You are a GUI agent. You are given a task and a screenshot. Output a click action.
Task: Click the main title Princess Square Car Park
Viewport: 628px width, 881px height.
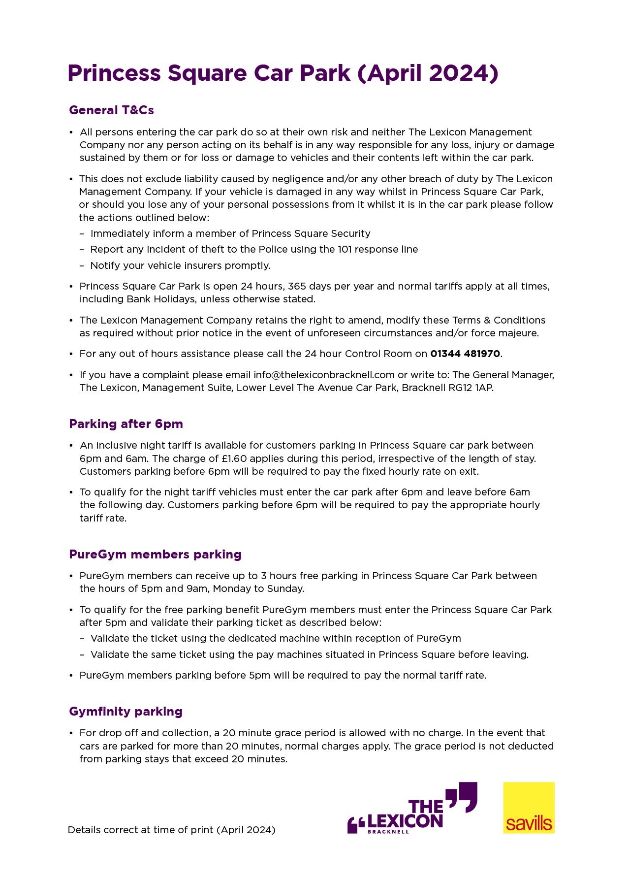[x=283, y=73]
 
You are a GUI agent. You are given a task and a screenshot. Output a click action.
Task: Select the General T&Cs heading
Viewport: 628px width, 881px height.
[x=111, y=110]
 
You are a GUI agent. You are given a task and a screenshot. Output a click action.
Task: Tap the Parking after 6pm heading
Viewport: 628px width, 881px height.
[x=126, y=424]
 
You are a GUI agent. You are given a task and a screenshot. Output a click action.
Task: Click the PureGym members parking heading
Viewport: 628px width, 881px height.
[x=155, y=555]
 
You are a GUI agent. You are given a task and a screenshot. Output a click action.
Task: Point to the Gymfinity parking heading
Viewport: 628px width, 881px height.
[x=126, y=712]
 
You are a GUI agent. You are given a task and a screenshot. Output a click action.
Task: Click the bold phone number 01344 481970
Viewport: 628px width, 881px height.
[x=465, y=354]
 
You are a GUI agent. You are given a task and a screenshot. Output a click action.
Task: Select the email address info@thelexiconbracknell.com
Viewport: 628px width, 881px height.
[x=324, y=375]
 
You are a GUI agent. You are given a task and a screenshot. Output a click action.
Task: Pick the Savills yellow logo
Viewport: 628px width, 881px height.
[x=529, y=808]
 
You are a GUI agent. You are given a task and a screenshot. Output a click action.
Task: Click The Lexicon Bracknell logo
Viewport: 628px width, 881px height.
[x=412, y=809]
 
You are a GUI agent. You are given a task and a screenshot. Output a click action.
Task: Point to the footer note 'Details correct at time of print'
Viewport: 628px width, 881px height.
[x=171, y=830]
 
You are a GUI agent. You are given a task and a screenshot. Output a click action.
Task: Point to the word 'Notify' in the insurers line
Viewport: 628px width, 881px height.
[x=103, y=266]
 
